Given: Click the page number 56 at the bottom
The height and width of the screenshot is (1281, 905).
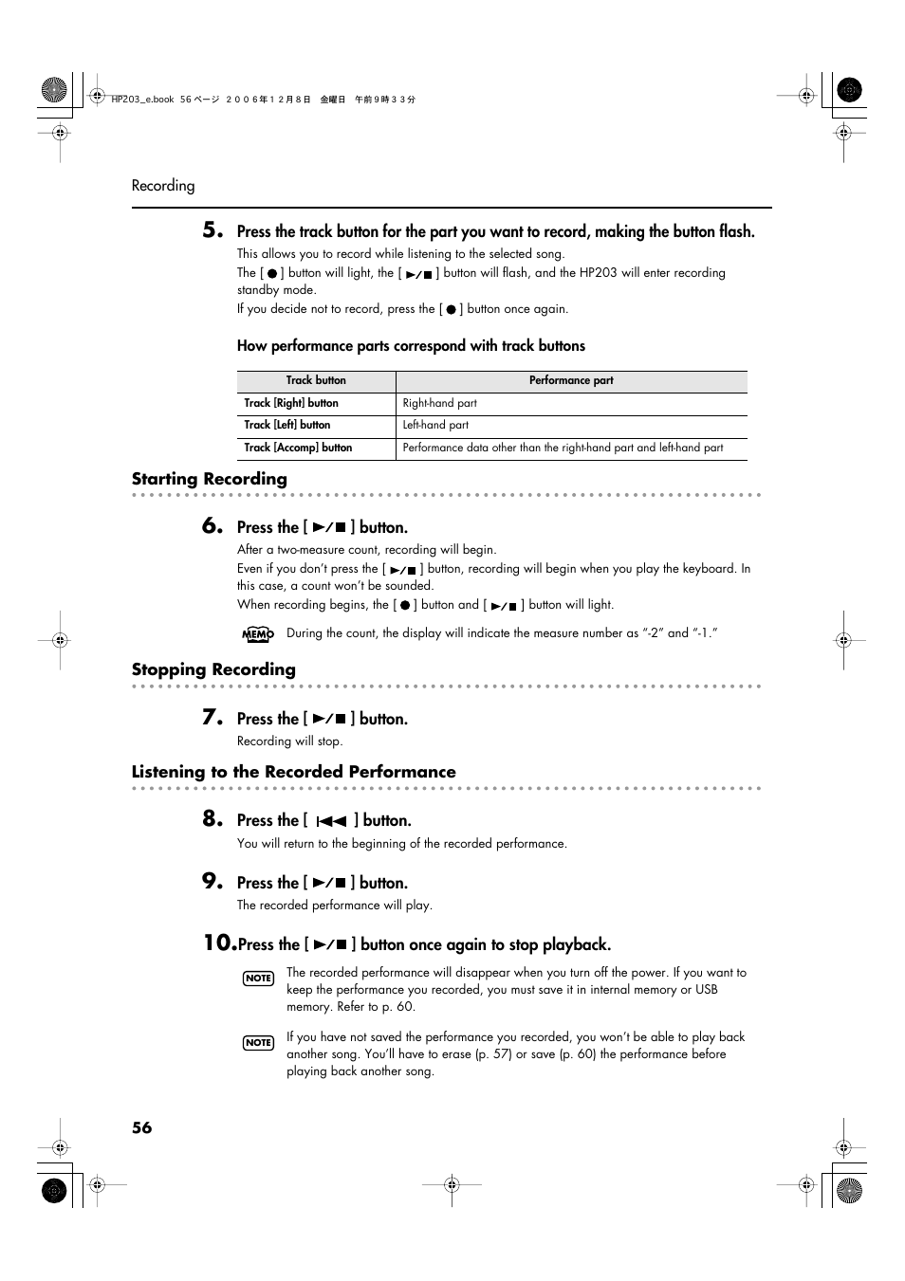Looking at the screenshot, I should [x=141, y=1127].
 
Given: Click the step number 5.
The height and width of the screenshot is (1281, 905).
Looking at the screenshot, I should [x=212, y=229].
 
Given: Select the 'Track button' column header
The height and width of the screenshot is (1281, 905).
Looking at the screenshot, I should [x=316, y=380].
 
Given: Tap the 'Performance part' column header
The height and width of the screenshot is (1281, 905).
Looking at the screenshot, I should [x=570, y=380].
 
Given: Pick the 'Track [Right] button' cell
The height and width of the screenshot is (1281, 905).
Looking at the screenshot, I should [x=291, y=403].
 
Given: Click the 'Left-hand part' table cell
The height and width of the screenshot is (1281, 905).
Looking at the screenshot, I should [x=435, y=425].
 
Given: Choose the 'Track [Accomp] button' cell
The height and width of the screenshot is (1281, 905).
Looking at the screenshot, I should [x=298, y=448].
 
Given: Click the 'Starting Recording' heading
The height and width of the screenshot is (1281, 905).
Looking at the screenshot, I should [x=209, y=479].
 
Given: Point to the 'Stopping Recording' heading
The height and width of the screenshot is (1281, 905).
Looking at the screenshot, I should [x=213, y=669].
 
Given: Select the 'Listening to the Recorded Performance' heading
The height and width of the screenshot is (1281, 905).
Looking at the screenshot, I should [x=293, y=772].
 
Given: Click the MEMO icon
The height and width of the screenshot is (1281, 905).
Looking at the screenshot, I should [x=257, y=634].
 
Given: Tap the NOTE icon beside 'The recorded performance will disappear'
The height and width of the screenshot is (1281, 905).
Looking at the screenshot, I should [x=258, y=978].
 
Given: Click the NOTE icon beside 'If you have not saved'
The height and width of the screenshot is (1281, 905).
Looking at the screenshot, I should [x=258, y=1042].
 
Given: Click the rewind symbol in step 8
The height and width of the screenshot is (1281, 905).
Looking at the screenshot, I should [x=331, y=821].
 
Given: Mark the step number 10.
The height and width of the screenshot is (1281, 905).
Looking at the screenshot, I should [x=218, y=942].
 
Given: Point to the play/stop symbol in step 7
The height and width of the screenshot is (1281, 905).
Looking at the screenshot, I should [x=329, y=720].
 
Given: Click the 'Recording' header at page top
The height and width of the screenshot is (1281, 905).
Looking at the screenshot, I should [x=163, y=186].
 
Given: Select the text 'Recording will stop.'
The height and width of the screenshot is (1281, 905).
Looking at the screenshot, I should [x=289, y=741].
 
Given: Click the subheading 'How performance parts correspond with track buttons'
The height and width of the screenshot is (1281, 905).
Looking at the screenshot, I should [x=411, y=346].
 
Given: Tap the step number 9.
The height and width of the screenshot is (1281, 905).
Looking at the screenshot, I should [x=212, y=881].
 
